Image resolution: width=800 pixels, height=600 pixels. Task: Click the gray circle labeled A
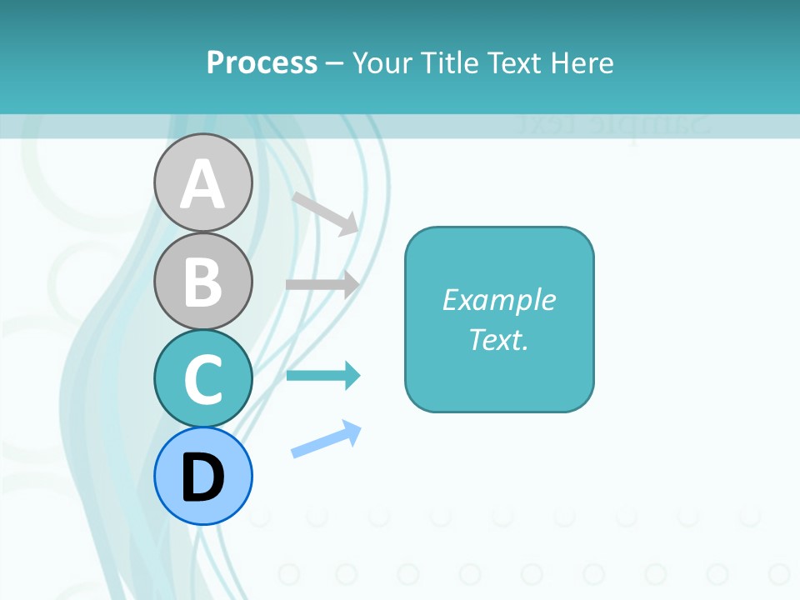pyautogui.click(x=202, y=182)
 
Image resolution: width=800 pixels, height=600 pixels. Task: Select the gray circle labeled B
pyautogui.click(x=202, y=281)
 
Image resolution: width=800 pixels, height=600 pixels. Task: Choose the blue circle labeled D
pyautogui.click(x=202, y=476)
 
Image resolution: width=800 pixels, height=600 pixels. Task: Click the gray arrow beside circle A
pyautogui.click(x=325, y=212)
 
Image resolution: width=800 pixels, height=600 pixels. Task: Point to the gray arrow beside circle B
pyautogui.click(x=322, y=284)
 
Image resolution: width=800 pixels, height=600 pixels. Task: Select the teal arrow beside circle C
pyautogui.click(x=323, y=376)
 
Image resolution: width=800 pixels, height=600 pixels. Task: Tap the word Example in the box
pyautogui.click(x=499, y=300)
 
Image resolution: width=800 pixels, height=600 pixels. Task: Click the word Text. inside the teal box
pyautogui.click(x=499, y=339)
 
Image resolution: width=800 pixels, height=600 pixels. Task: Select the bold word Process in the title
pyautogui.click(x=262, y=62)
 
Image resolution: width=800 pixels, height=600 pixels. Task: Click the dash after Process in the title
pyautogui.click(x=335, y=63)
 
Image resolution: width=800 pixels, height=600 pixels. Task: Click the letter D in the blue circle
pyautogui.click(x=202, y=477)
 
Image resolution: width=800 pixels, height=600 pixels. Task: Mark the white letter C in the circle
pyautogui.click(x=202, y=379)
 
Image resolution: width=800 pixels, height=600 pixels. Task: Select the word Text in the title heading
pyautogui.click(x=514, y=62)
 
